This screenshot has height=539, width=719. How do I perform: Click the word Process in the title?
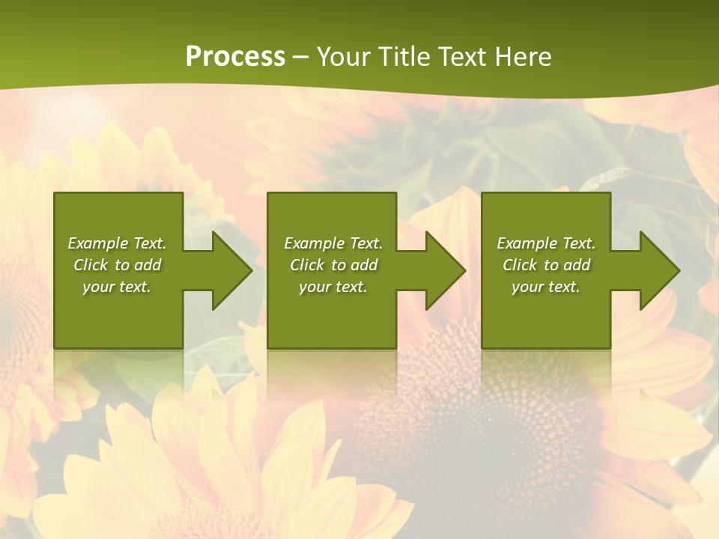[235, 57]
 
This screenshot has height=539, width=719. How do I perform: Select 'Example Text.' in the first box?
[117, 243]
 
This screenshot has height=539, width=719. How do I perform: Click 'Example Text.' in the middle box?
[333, 243]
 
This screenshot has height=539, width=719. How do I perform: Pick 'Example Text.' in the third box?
[546, 243]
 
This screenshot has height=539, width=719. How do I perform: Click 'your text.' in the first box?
[117, 287]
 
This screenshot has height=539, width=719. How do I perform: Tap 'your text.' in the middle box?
[333, 287]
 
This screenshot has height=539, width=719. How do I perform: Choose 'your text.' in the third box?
[546, 287]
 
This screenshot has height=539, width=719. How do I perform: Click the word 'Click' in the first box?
[91, 265]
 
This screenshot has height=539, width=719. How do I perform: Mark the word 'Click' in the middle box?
[307, 265]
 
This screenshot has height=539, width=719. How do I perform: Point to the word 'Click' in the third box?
[520, 265]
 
